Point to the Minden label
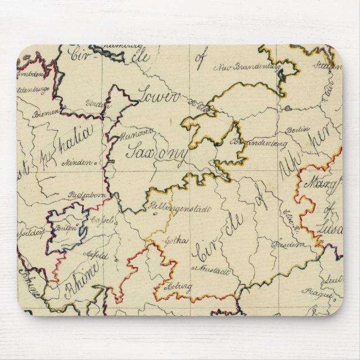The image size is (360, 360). tap(79, 160)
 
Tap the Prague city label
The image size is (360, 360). tap(314, 291)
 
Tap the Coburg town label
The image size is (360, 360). tap(178, 287)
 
